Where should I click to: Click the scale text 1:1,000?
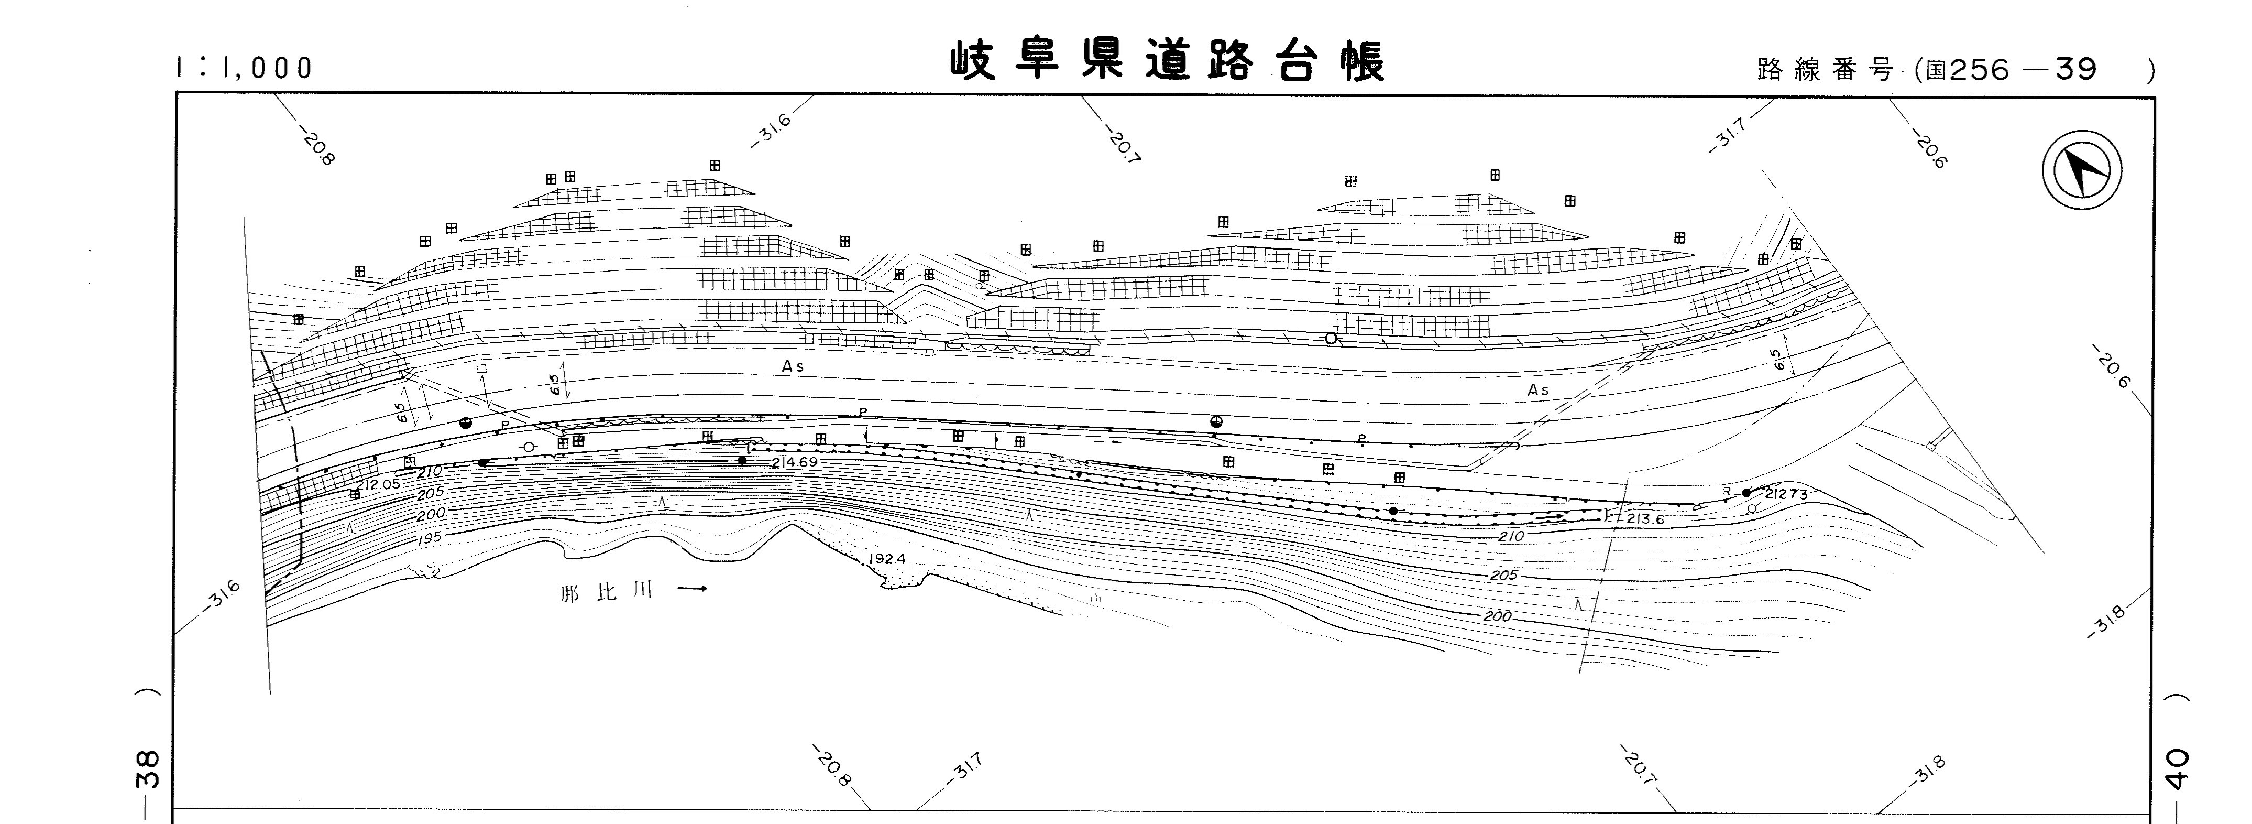(x=245, y=68)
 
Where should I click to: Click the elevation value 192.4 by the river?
(x=887, y=560)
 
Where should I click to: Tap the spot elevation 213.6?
(x=1645, y=519)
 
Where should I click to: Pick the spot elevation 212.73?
(x=1784, y=494)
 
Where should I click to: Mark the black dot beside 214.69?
(x=742, y=460)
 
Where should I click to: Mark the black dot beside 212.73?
(x=1746, y=493)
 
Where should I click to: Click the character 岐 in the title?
(x=973, y=61)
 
